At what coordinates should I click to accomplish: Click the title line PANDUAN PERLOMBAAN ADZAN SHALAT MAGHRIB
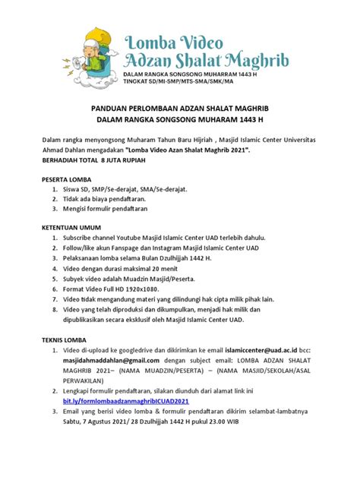[180, 108]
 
